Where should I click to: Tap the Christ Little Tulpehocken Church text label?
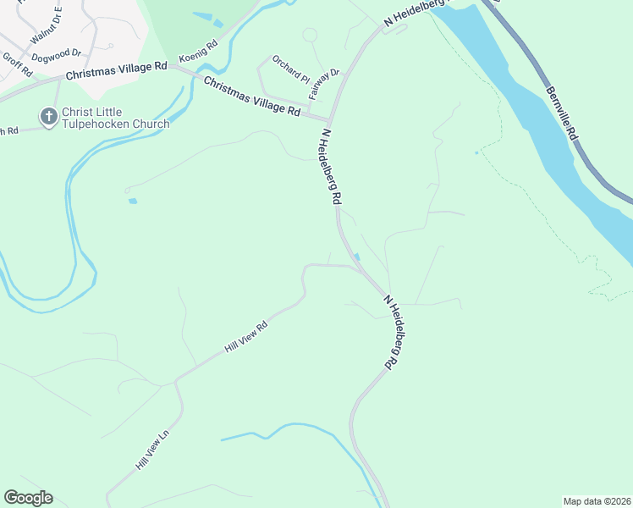pos(115,118)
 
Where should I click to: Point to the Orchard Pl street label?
pos(290,69)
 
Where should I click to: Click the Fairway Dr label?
pos(324,85)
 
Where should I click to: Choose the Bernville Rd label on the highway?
pos(562,112)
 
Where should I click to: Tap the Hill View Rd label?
pos(245,336)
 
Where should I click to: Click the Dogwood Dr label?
pos(56,55)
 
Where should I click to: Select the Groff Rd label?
pos(17,65)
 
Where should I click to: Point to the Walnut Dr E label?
pos(47,26)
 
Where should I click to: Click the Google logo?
pos(28,498)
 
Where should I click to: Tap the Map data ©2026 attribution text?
pos(596,500)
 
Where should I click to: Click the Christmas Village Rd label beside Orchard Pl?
pos(252,97)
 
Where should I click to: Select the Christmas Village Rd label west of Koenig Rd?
pos(117,70)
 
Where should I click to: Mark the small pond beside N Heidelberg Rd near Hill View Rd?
pos(357,257)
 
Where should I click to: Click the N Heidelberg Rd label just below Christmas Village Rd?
pos(330,167)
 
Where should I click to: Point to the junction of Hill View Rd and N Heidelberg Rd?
pos(357,267)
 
